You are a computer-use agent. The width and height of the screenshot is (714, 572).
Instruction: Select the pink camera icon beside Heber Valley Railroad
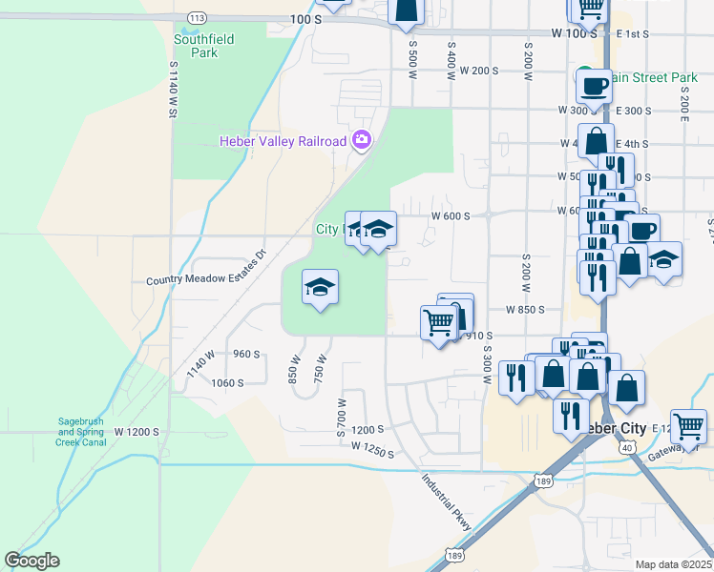(361, 141)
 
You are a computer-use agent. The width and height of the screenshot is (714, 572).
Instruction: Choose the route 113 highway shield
(198, 18)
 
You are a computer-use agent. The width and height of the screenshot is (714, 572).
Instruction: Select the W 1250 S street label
(372, 448)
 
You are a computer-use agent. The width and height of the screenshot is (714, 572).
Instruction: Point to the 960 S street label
(246, 354)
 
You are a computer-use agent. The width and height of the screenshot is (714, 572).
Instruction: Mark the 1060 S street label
(228, 382)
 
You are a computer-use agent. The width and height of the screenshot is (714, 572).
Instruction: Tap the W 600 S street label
(451, 216)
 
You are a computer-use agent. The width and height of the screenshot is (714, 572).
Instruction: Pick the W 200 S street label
(479, 71)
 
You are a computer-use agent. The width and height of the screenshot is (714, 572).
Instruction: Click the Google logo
(31, 561)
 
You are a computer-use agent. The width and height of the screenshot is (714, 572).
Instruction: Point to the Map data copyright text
(674, 564)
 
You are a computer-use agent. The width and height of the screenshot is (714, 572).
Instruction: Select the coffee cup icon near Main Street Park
(593, 86)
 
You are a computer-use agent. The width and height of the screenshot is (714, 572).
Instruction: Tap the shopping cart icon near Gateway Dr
(687, 425)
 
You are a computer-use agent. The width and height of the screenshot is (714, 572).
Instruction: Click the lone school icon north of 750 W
(320, 286)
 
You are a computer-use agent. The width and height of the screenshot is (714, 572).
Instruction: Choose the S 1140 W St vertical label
(174, 91)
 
